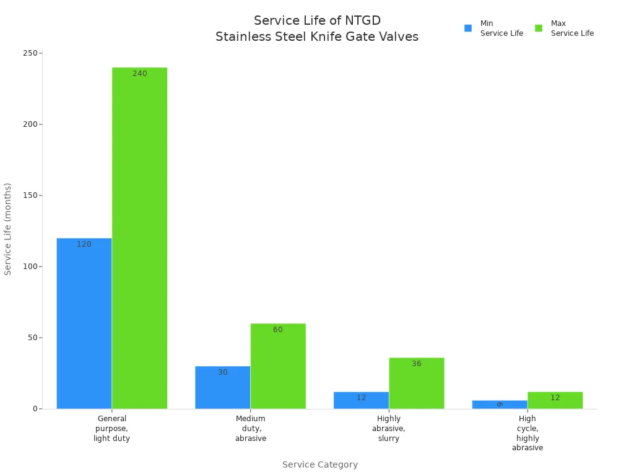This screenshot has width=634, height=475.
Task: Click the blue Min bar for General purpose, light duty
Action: pos(84,323)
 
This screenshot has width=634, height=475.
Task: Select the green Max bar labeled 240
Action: pos(139,238)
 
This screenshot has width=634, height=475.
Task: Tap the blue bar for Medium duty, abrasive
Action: pos(222,387)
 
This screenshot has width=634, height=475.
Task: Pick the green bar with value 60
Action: pos(278,366)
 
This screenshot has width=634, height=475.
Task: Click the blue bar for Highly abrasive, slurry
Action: pos(361,400)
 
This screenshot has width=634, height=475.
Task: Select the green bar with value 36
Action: pos(416,383)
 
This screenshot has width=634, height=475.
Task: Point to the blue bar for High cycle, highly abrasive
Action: pos(499,404)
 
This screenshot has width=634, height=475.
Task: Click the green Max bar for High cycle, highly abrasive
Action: pos(555,400)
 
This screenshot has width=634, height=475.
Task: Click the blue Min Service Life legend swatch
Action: pos(468,28)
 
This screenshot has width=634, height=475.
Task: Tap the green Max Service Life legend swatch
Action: pos(539,28)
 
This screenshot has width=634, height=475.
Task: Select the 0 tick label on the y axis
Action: pos(36,409)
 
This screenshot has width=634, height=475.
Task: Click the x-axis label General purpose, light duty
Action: pos(111,429)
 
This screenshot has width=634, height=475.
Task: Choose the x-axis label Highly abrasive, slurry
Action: pos(389,429)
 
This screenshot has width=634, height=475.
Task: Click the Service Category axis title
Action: pos(319,464)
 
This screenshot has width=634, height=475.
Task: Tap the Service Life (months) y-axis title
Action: pos(8,229)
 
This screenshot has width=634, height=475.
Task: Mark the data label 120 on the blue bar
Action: pos(84,244)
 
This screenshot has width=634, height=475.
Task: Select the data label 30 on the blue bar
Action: pos(222,372)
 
